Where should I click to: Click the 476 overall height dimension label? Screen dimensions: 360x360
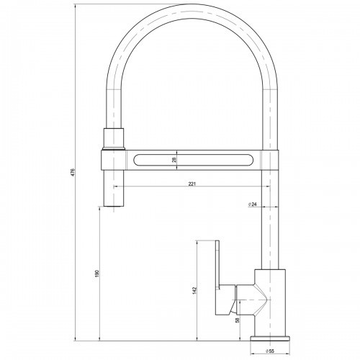pyautogui.click(x=73, y=172)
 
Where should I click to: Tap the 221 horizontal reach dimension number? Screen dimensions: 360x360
pyautogui.click(x=192, y=184)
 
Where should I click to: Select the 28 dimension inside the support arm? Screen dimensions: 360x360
pyautogui.click(x=174, y=160)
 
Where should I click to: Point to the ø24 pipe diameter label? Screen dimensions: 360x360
pyautogui.click(x=253, y=204)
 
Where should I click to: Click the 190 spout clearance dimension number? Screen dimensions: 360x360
pyautogui.click(x=96, y=273)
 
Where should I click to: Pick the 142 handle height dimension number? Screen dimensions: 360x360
pyautogui.click(x=194, y=290)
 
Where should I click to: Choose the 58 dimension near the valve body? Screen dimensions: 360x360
pyautogui.click(x=238, y=320)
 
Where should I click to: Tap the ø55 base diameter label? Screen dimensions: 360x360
pyautogui.click(x=270, y=351)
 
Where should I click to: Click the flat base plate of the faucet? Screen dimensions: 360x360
pyautogui.click(x=270, y=338)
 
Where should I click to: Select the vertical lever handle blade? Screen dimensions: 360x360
pyautogui.click(x=217, y=264)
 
